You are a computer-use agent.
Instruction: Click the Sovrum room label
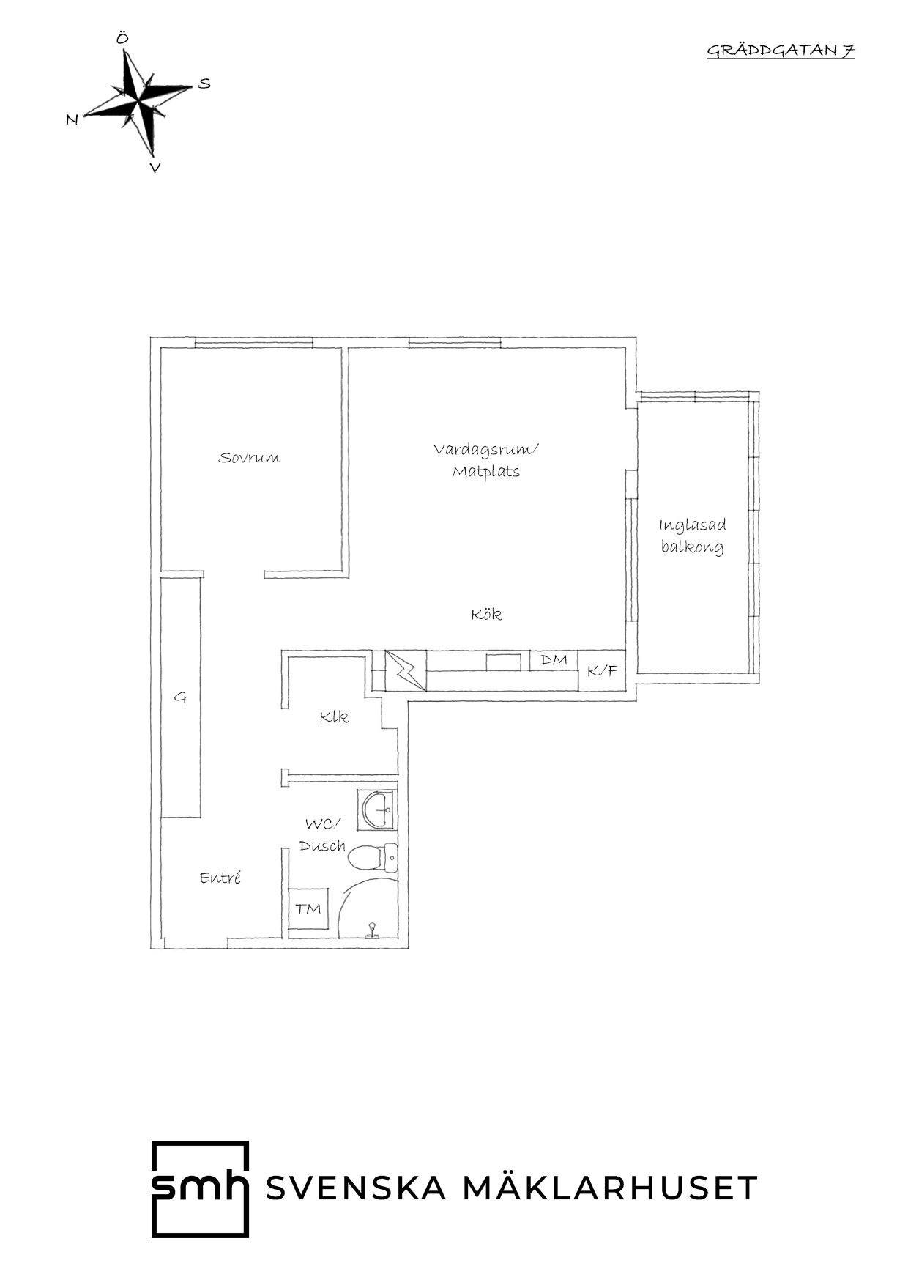tap(250, 458)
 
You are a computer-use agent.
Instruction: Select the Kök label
tap(487, 614)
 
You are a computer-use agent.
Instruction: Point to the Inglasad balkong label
tap(693, 536)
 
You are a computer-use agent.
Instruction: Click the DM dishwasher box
tap(554, 660)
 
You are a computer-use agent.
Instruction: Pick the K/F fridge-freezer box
tap(602, 670)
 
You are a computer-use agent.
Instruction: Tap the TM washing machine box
tap(308, 909)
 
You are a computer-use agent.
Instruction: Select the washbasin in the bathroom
tap(376, 810)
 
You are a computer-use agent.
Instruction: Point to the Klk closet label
tap(334, 716)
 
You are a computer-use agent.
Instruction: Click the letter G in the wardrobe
tap(180, 698)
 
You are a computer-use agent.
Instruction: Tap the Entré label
tap(220, 878)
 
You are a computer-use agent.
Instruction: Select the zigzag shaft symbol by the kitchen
tap(405, 670)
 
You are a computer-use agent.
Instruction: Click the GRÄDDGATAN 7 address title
tap(781, 51)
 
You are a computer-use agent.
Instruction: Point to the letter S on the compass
tap(204, 84)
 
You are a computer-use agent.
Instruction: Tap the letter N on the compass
tap(72, 119)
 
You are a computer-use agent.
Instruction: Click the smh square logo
tap(200, 1188)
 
